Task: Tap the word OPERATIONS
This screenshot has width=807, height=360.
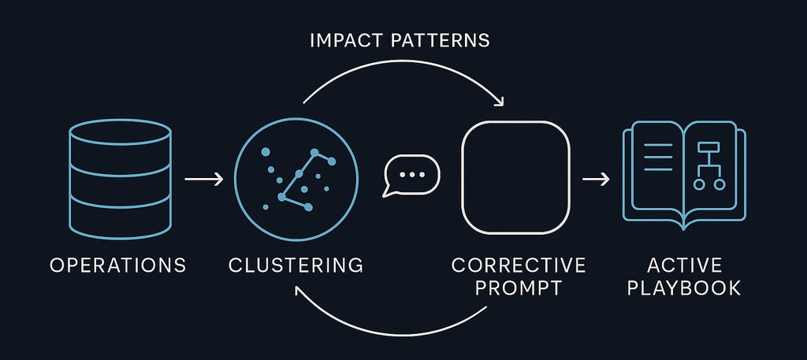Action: pos(118,265)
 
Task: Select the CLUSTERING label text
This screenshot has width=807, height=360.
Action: pos(296,265)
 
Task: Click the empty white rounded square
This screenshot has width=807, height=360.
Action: pos(515,178)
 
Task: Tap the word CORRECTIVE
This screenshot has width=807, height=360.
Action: pos(518,265)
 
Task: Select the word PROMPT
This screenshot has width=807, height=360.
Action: pos(518,288)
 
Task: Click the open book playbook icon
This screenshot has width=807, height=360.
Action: pos(684,174)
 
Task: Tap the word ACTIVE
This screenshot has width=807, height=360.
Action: pos(683,265)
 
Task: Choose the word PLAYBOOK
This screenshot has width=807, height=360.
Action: pos(683,288)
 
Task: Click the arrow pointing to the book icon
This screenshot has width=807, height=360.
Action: pos(596,180)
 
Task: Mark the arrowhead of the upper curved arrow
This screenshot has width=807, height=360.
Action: pos(497,101)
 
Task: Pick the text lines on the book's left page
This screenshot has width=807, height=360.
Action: pos(659,158)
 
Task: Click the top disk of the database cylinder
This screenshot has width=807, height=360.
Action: pos(120,132)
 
